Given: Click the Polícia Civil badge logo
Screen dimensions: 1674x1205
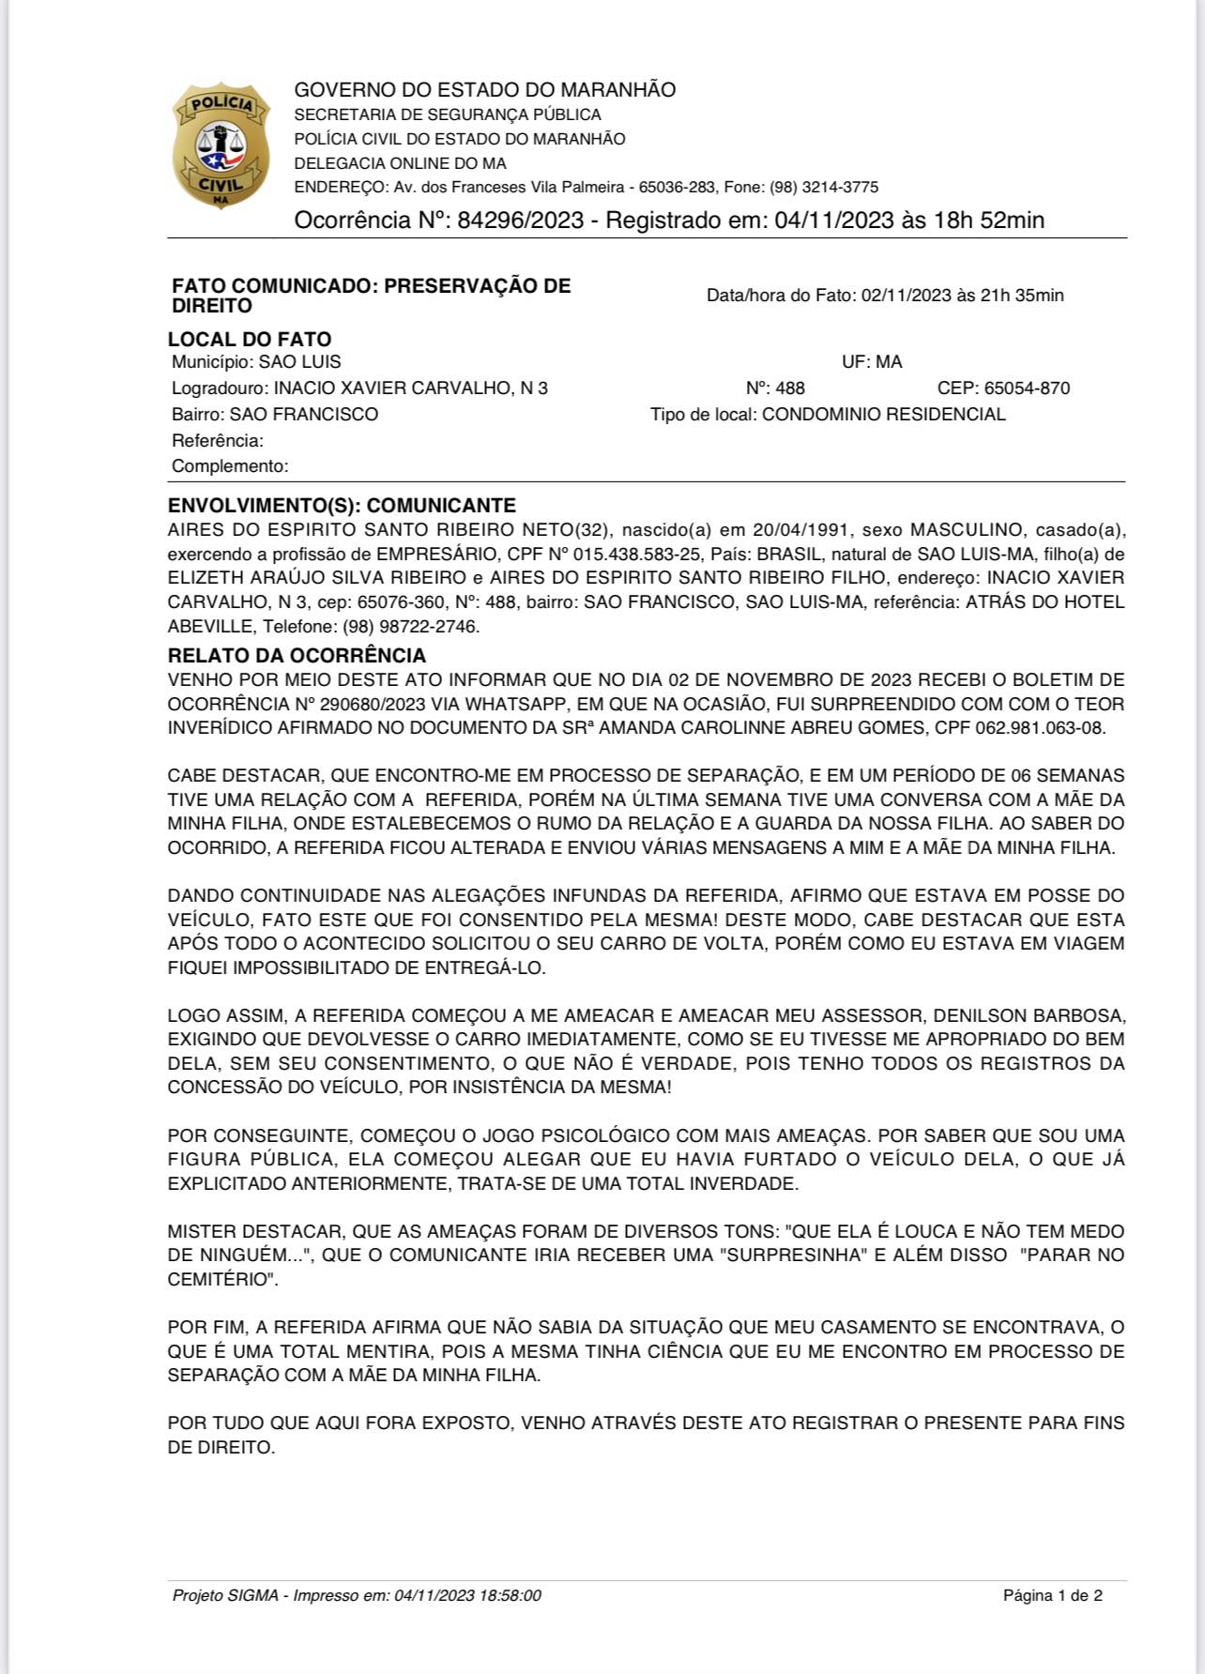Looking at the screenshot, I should click(221, 145).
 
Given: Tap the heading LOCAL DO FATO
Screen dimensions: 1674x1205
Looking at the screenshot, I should click(250, 339).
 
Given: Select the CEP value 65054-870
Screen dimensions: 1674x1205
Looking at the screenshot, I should click(1027, 388).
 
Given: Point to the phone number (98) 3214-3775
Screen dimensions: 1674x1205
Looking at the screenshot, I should click(824, 187).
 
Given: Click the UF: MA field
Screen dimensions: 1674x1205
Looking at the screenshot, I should click(872, 362).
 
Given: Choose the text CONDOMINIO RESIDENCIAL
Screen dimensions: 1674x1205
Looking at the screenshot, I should click(883, 415).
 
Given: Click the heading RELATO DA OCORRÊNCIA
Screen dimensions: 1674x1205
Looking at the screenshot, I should click(297, 655).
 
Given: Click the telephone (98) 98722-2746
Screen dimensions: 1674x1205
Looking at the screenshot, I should click(410, 626).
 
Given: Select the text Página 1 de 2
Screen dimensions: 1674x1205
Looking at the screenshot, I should click(1052, 1595).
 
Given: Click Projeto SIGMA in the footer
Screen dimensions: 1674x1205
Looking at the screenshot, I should click(225, 1595).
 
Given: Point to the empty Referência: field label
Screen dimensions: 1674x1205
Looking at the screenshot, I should click(218, 440).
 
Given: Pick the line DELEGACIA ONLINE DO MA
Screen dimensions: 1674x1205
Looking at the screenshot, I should click(400, 163).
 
